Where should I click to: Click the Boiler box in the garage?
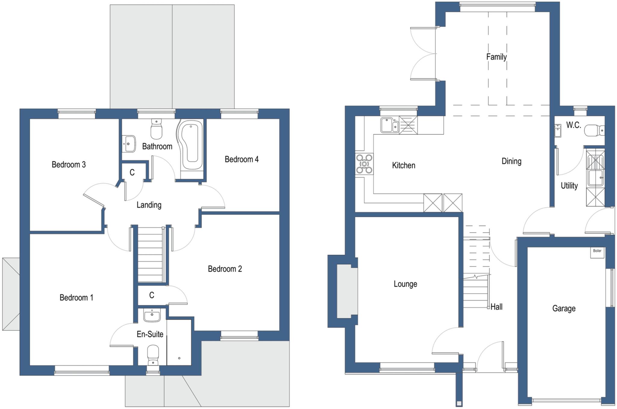point(597,253)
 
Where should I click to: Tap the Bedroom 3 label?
point(69,165)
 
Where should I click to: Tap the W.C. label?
point(573,125)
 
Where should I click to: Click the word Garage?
point(564,308)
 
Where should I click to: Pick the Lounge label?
point(405,284)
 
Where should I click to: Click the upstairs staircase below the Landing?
point(150,255)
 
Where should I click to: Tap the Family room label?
point(496,57)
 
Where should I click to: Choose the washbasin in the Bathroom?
point(129,144)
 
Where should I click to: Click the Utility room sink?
point(595,178)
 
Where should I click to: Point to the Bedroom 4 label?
point(241,159)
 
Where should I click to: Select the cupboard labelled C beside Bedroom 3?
point(132,172)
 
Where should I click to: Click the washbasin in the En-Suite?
point(152,316)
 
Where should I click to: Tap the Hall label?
point(496,307)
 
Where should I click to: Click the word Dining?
point(511,161)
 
